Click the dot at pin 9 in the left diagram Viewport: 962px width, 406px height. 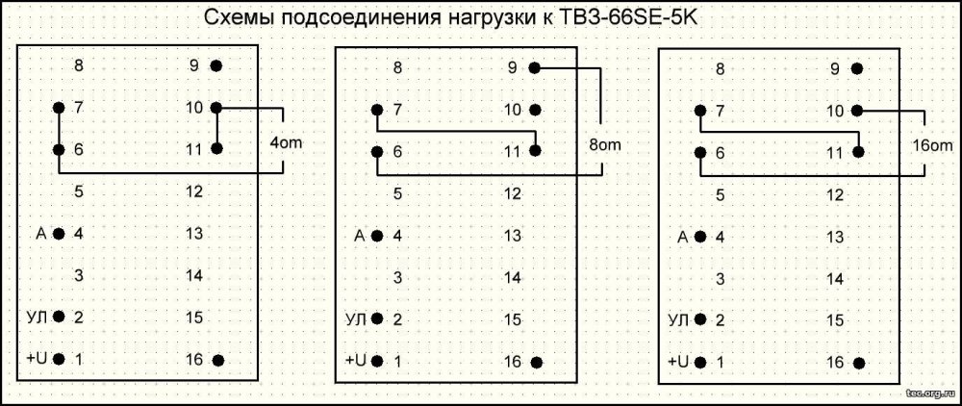[216, 66]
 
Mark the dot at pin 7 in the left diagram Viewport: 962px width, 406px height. [59, 108]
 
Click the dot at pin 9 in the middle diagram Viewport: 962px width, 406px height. [534, 68]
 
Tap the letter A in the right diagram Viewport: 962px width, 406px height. [683, 237]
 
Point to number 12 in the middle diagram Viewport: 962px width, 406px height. [513, 193]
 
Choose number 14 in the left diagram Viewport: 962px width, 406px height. [193, 275]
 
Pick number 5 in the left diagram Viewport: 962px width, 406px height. [78, 191]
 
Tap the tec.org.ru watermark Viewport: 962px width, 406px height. [928, 393]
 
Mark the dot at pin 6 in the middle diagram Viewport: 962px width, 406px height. [376, 151]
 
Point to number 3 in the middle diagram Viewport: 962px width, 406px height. [397, 277]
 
